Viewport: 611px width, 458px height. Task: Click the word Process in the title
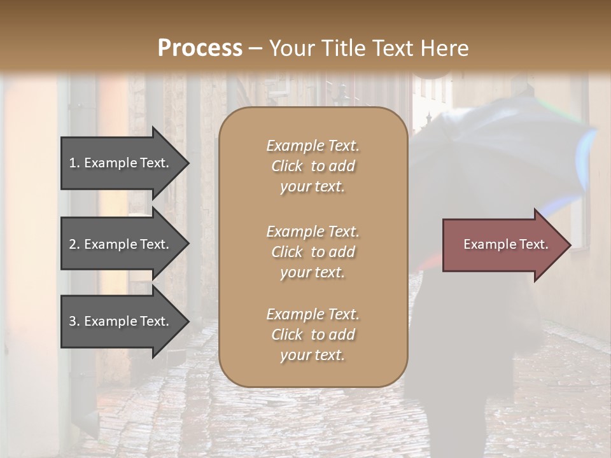coord(200,48)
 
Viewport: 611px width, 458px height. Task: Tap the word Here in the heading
coord(444,48)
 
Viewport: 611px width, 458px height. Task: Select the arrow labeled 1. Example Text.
coord(121,163)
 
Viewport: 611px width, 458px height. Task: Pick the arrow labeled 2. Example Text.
coord(121,244)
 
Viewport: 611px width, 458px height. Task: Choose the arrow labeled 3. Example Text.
coord(121,321)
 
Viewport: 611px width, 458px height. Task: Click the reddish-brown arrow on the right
coord(503,244)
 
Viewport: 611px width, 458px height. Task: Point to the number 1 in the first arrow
coord(73,163)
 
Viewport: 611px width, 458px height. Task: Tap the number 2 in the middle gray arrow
coord(73,244)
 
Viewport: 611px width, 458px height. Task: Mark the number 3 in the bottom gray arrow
coord(73,321)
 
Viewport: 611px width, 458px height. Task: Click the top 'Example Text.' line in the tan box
coord(313,146)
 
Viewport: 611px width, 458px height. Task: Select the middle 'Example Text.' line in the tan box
coord(313,231)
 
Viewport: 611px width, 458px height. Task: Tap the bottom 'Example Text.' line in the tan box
coord(313,314)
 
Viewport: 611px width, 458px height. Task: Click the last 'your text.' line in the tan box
coord(313,356)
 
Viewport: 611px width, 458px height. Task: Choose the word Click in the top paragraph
coord(286,166)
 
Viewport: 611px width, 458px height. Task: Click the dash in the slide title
coord(255,48)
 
